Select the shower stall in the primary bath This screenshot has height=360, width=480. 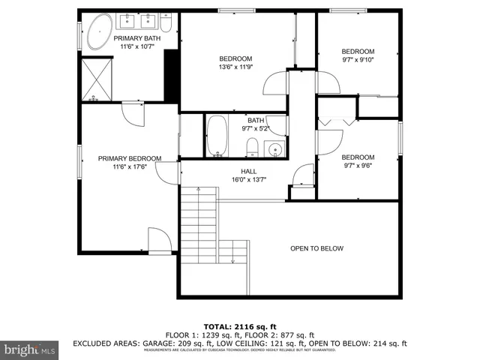pyautogui.click(x=95, y=80)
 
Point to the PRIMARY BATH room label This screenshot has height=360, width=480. pyautogui.click(x=136, y=38)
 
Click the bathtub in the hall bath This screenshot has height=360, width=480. pyautogui.click(x=218, y=136)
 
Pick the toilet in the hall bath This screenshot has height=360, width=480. pyautogui.click(x=253, y=147)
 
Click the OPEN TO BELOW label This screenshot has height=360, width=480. pyautogui.click(x=316, y=248)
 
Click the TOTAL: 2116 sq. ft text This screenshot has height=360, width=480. pyautogui.click(x=240, y=327)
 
